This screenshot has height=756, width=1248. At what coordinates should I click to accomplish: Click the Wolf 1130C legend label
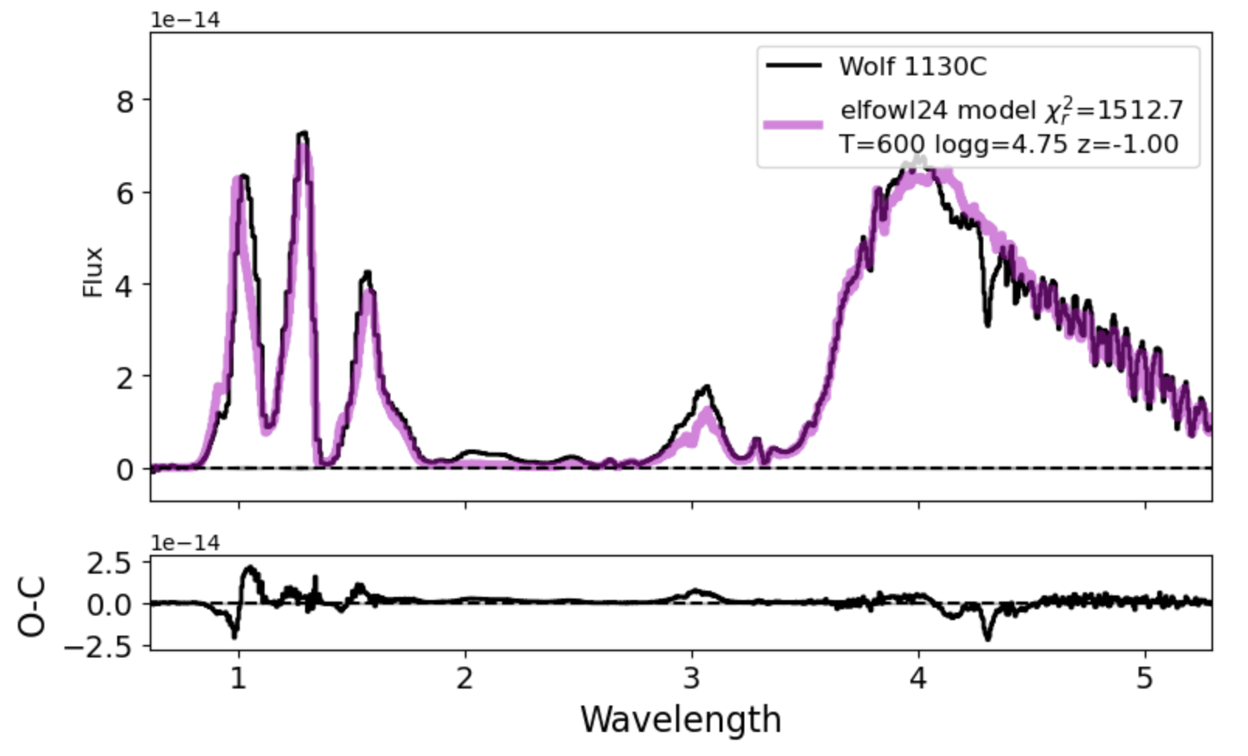click(912, 67)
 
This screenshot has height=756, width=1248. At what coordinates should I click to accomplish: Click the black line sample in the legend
click(793, 66)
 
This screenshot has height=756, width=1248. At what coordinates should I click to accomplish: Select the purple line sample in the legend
click(793, 124)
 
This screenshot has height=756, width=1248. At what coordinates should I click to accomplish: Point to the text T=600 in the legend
click(882, 144)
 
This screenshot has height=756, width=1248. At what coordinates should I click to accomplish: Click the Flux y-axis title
click(92, 272)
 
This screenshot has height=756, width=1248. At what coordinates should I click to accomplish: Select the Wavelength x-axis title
click(681, 720)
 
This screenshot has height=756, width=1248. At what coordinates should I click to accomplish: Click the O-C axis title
click(33, 606)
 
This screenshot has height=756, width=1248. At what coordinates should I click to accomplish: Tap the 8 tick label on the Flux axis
click(125, 101)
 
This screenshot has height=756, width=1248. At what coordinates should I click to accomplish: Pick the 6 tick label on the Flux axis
click(125, 193)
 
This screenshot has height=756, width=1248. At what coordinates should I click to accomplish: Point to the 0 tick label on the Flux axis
click(125, 469)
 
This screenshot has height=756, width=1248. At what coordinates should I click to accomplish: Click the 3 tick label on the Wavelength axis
click(692, 678)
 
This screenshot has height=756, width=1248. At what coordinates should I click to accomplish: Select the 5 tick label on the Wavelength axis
click(1145, 678)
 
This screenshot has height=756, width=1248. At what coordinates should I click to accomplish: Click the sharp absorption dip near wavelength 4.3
click(987, 324)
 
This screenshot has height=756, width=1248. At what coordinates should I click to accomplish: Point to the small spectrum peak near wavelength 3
click(706, 387)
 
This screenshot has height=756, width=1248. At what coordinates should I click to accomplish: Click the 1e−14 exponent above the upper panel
click(185, 20)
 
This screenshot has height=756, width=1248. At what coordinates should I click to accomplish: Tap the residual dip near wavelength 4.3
click(987, 638)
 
